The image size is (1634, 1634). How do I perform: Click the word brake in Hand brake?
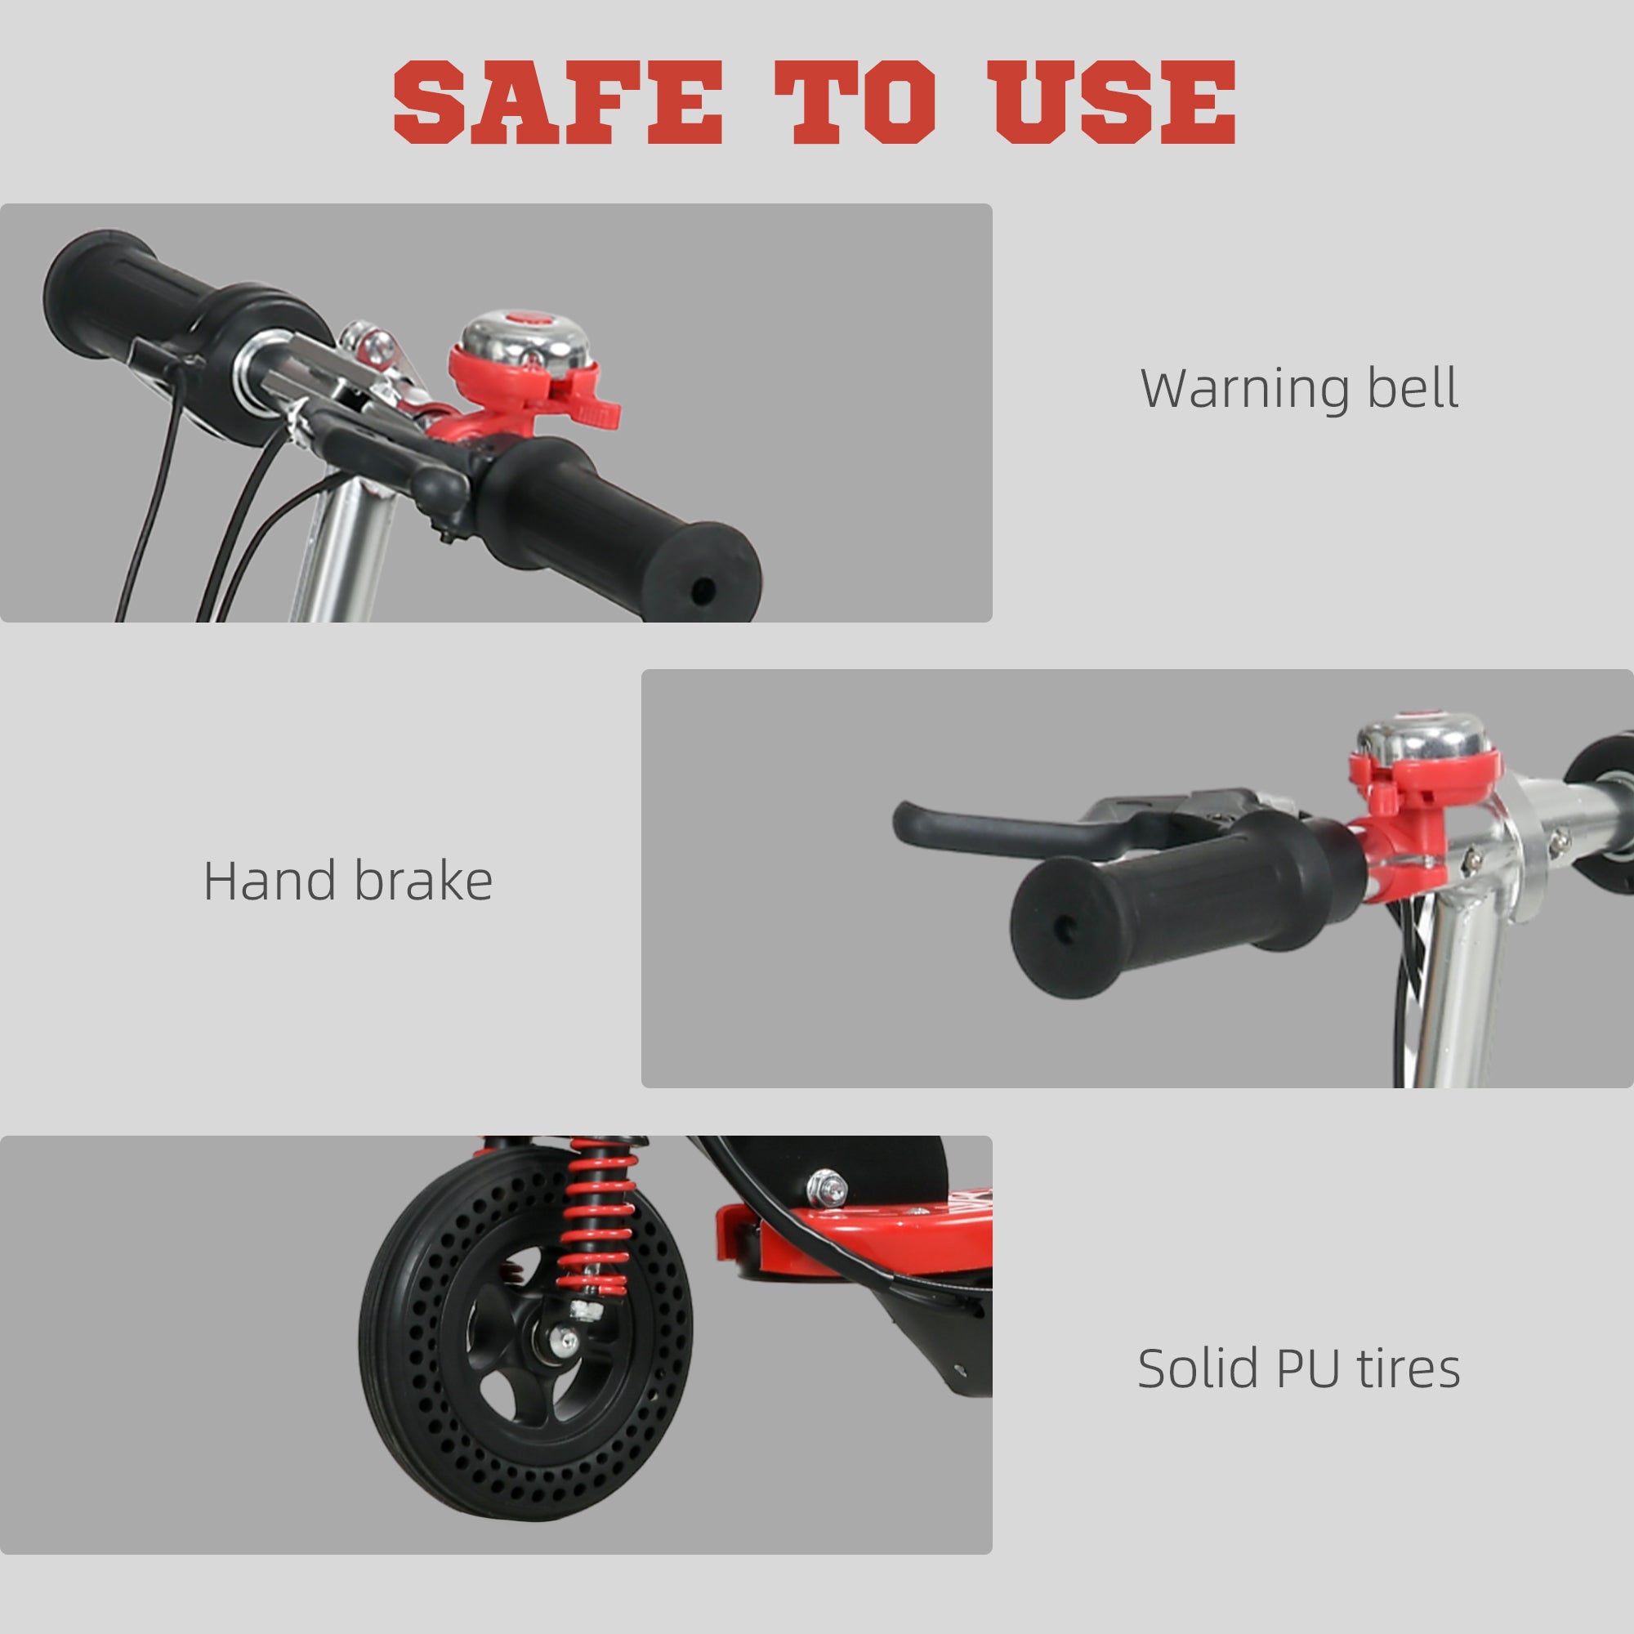click(423, 882)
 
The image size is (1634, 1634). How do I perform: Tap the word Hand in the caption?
click(269, 882)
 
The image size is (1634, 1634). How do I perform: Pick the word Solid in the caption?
click(1198, 1368)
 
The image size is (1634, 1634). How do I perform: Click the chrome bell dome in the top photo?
click(525, 338)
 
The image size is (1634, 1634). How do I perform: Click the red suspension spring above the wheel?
click(599, 1218)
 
